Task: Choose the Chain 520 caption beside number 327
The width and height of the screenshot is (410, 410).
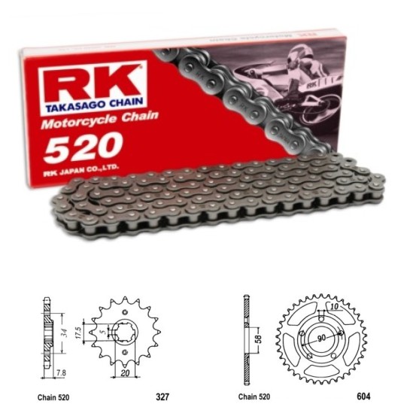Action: tap(57, 392)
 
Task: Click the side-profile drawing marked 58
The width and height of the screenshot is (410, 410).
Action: tap(245, 331)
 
